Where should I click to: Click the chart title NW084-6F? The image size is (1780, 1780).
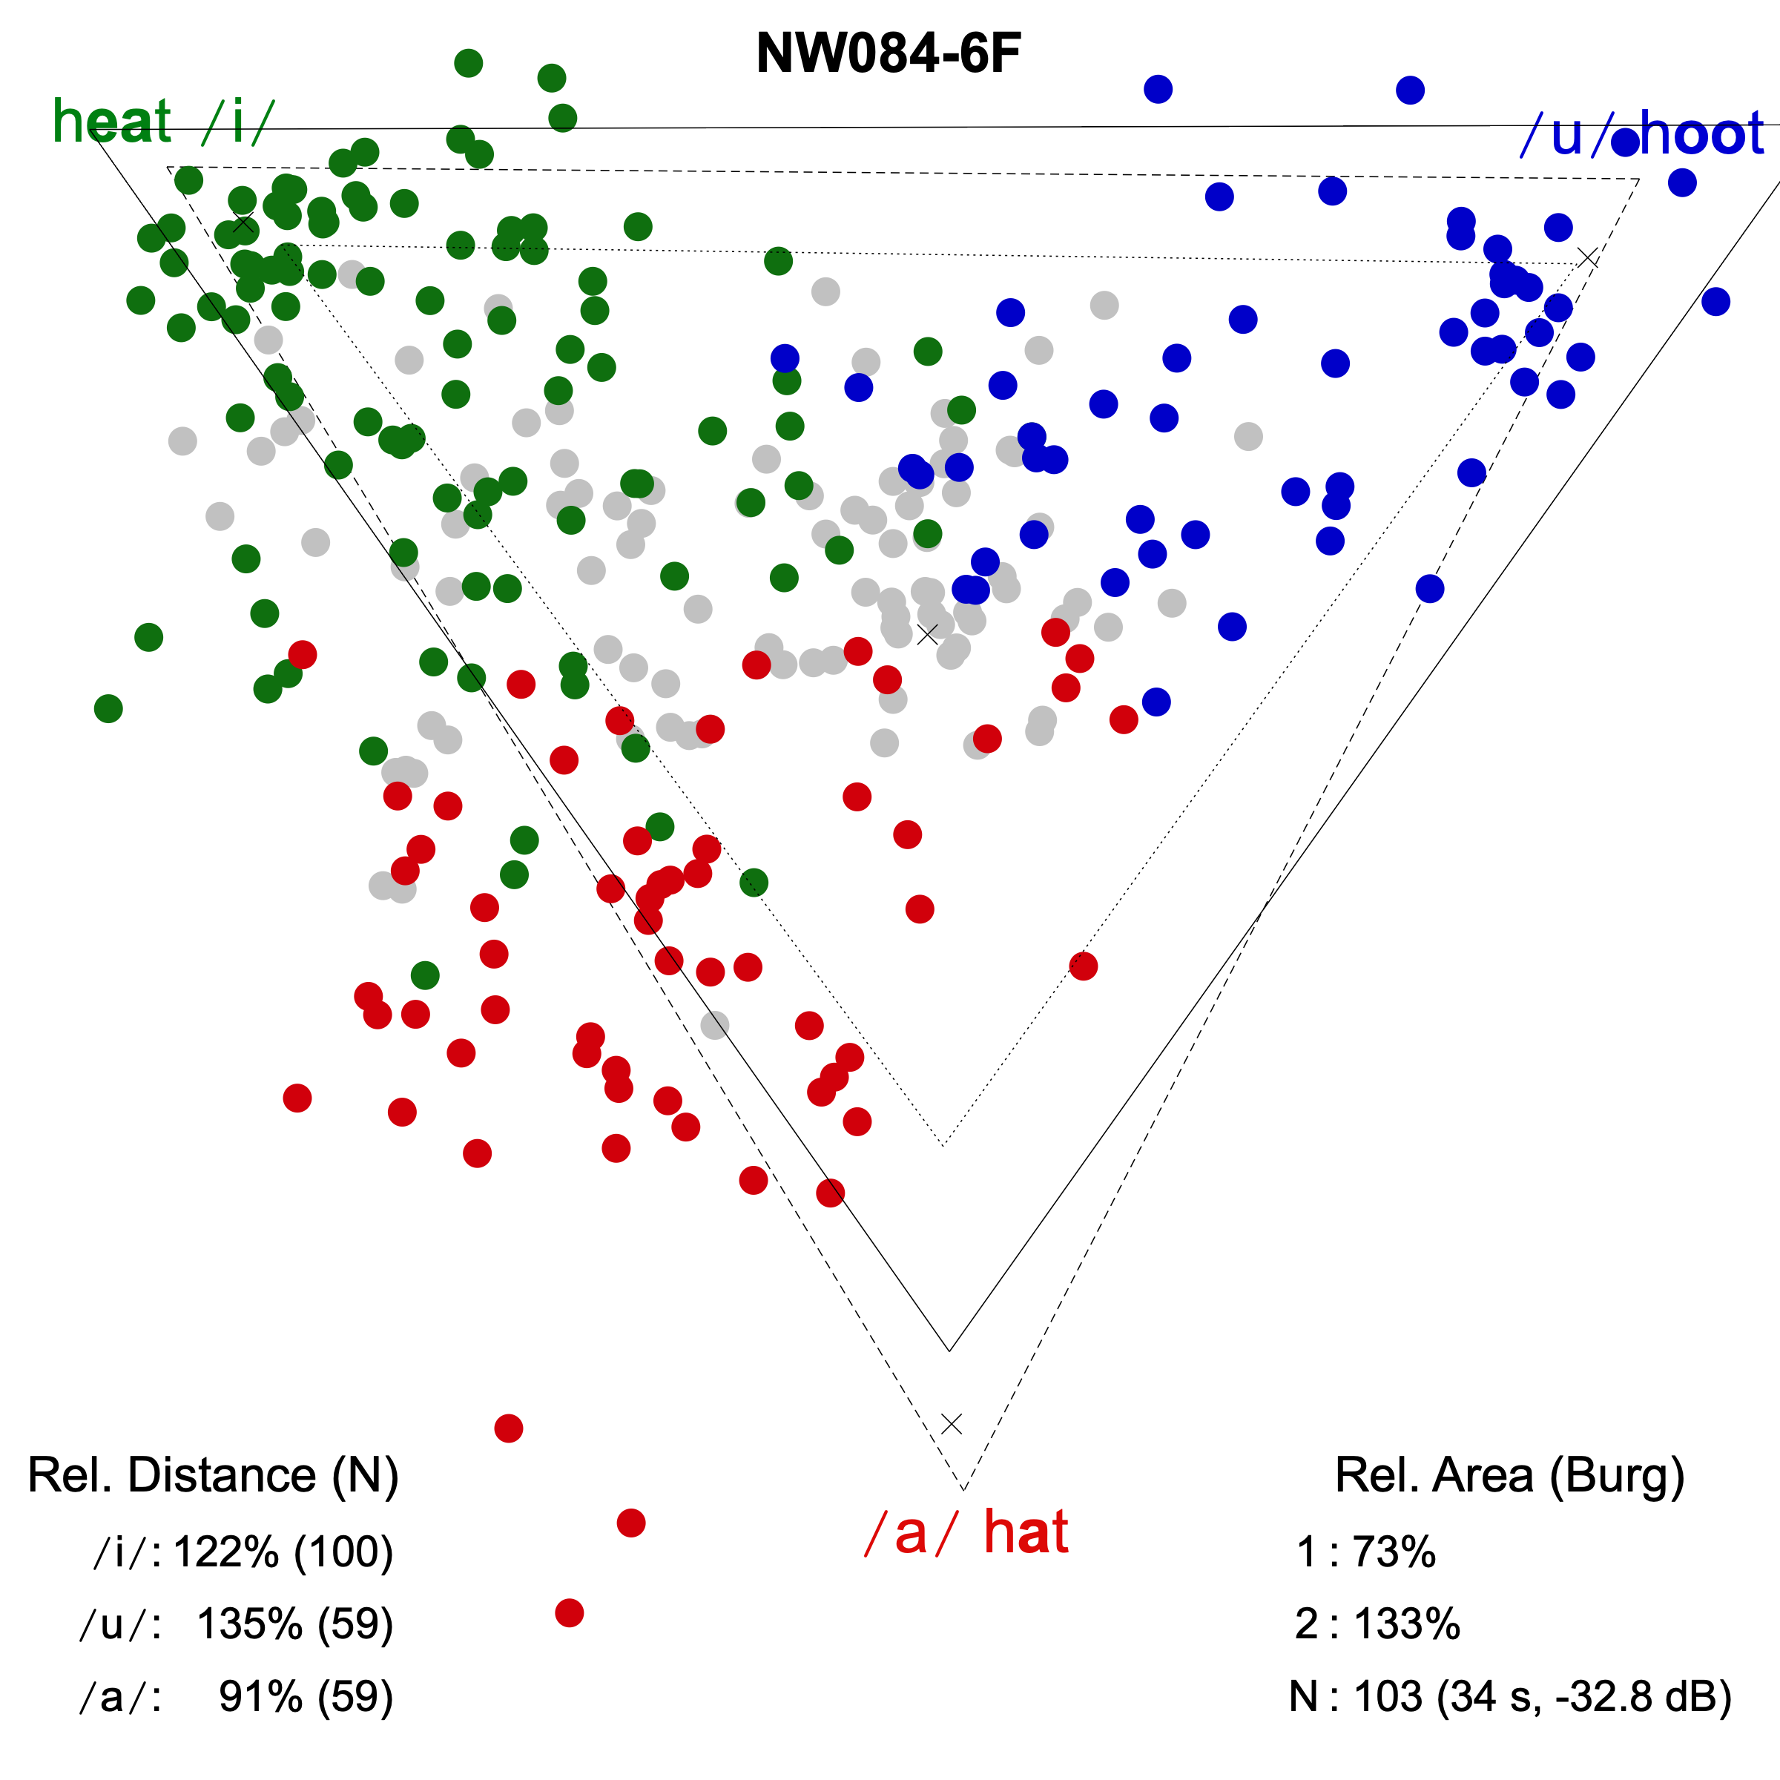[x=889, y=53]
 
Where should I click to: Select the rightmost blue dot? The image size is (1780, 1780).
[x=1715, y=301]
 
